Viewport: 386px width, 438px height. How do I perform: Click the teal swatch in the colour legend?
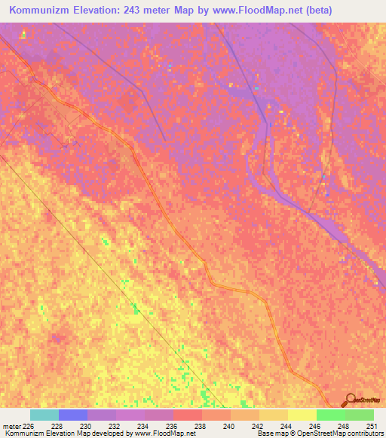(x=44, y=415)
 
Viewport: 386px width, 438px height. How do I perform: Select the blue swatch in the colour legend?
(x=72, y=415)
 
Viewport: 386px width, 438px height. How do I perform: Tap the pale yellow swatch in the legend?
(x=302, y=415)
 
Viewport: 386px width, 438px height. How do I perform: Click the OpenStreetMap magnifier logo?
(x=351, y=400)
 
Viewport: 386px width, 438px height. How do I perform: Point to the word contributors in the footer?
(x=365, y=433)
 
